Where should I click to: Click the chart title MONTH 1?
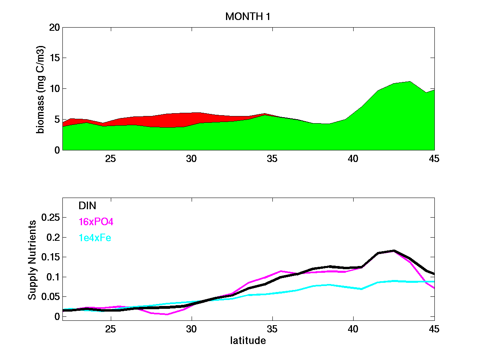pyautogui.click(x=248, y=16)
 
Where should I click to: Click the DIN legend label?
pyautogui.click(x=87, y=206)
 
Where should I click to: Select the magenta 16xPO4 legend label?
pyautogui.click(x=94, y=222)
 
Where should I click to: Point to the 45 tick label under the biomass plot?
pyautogui.click(x=434, y=158)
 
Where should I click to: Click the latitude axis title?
pyautogui.click(x=248, y=341)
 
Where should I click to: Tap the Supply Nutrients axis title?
pyautogui.click(x=32, y=260)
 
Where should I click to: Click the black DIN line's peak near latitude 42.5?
pyautogui.click(x=394, y=251)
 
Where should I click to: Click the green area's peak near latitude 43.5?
pyautogui.click(x=410, y=82)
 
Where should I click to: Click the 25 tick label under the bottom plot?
pyautogui.click(x=111, y=329)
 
